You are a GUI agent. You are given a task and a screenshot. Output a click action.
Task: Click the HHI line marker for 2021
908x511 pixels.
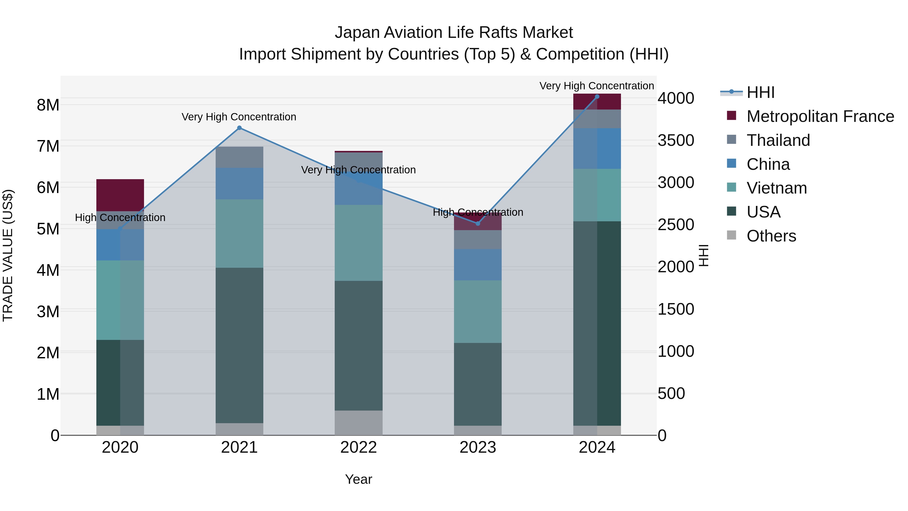coord(239,128)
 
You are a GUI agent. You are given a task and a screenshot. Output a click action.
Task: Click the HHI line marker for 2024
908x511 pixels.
coord(597,97)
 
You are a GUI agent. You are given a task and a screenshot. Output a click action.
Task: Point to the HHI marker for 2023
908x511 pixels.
coord(478,224)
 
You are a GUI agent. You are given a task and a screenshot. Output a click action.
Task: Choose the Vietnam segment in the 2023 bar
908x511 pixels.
coord(478,311)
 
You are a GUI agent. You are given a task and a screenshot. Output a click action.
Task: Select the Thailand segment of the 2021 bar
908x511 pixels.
coord(239,157)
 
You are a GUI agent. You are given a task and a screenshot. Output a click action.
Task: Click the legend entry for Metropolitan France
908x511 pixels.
coord(820,116)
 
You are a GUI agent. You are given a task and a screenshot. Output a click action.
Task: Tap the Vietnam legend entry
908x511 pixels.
coord(777,188)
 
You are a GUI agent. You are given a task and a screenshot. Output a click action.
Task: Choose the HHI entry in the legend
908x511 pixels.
coord(760,92)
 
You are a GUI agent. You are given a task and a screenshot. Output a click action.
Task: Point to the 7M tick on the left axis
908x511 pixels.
coord(48,146)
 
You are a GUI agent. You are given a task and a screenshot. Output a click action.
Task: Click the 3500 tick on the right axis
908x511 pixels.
coord(676,140)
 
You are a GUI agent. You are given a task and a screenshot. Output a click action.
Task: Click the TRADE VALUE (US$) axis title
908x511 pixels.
coord(8,255)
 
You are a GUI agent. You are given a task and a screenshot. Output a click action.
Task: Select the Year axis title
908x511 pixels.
coord(358,479)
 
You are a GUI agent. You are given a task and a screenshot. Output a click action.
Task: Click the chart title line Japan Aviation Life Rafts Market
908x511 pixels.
coord(454,33)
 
